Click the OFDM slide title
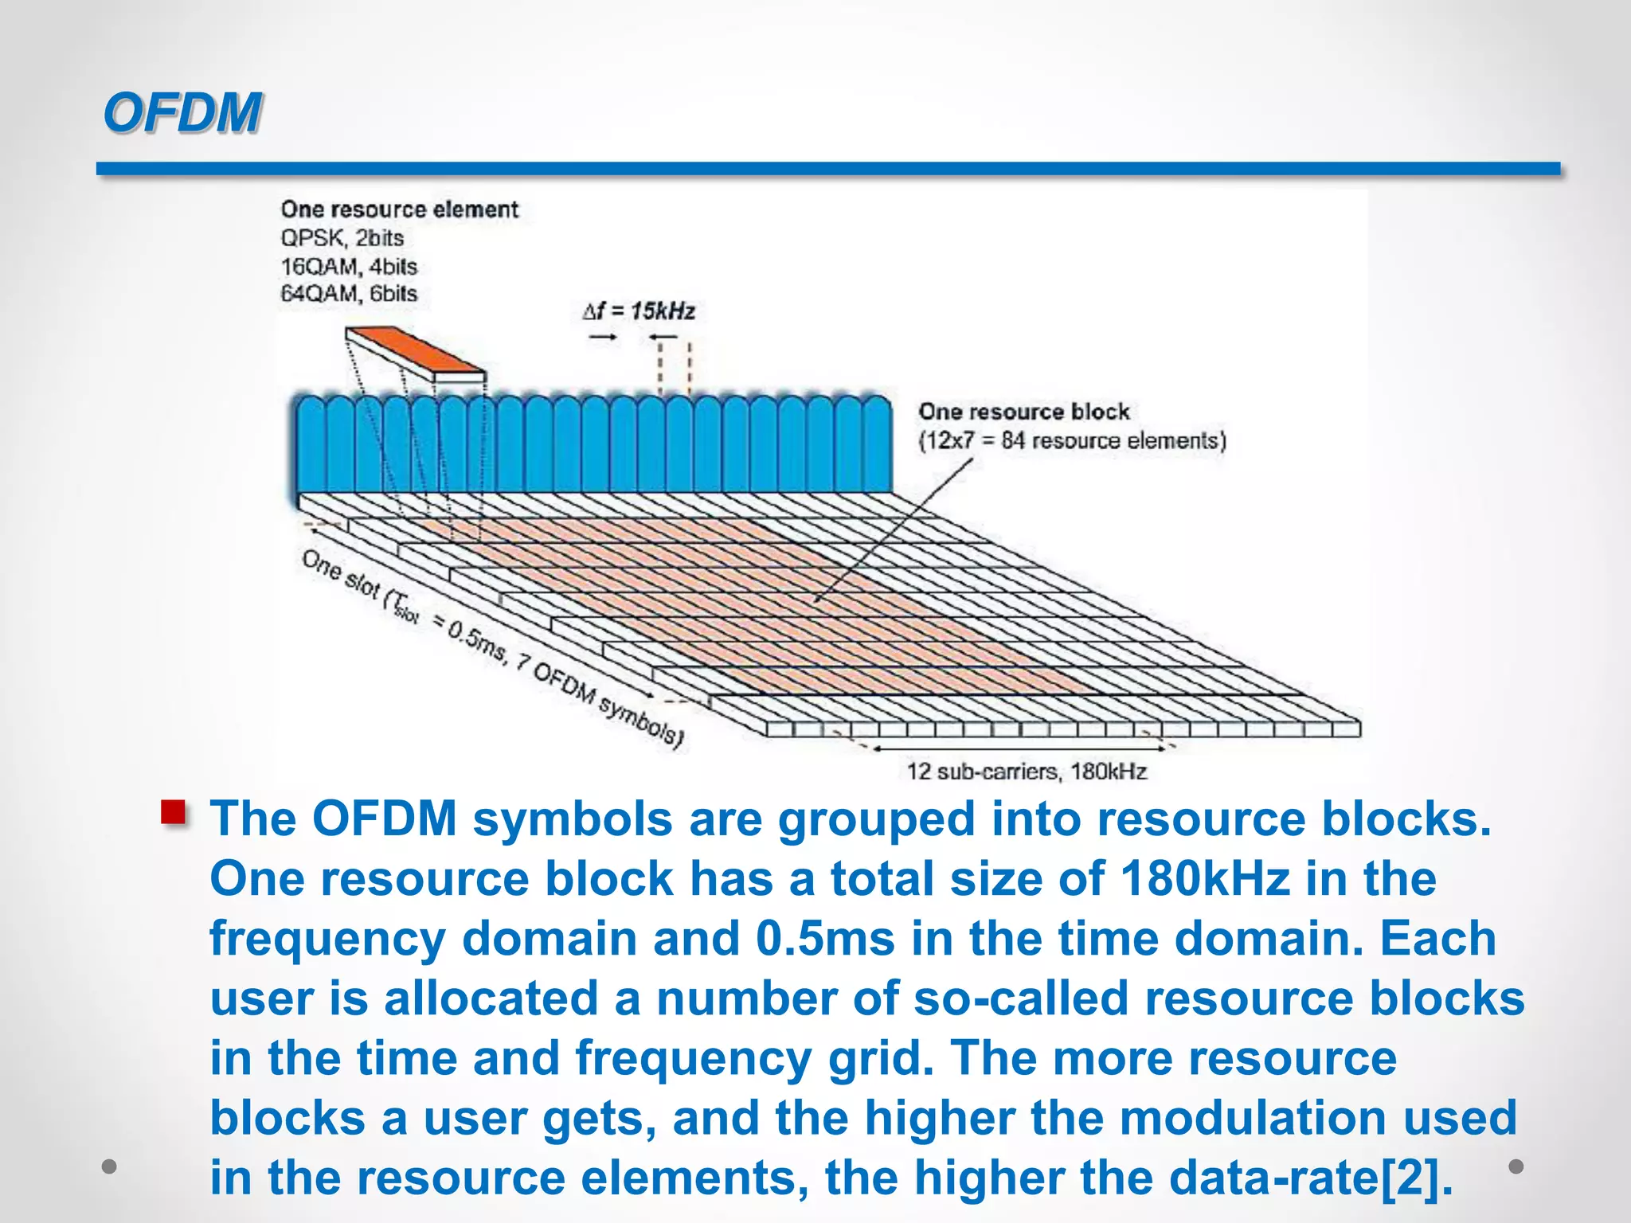tap(182, 112)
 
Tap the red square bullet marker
tap(174, 812)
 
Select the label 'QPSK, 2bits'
tap(342, 238)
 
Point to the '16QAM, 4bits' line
tap(348, 266)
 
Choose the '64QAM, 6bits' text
tap(348, 293)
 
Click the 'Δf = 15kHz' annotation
tap(639, 311)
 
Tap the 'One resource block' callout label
tap(1023, 412)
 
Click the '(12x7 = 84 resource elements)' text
tap(1072, 440)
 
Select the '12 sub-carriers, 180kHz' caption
tap(1027, 771)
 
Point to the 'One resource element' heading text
tap(399, 209)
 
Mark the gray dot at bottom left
tap(109, 1166)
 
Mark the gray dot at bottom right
tap(1516, 1166)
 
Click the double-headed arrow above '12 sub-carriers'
tap(1019, 748)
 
